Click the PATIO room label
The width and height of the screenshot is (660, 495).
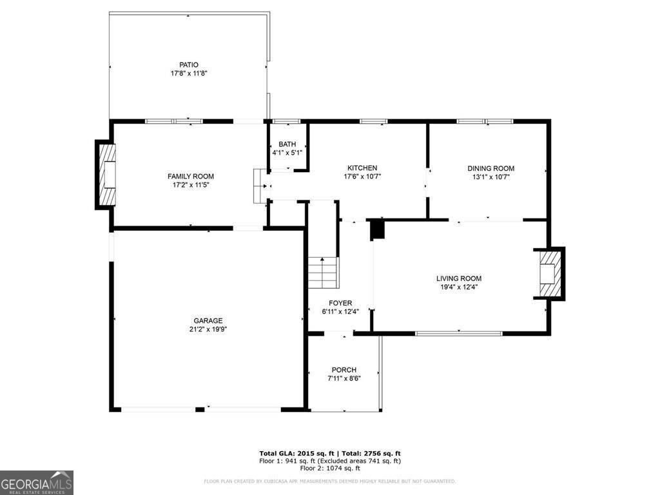tap(189, 64)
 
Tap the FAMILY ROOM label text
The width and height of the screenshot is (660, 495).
tap(191, 176)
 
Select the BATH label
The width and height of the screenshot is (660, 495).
tap(287, 144)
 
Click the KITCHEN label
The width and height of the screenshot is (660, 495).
tap(362, 168)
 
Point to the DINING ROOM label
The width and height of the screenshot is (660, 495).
tap(490, 168)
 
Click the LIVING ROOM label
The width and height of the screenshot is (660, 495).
tap(458, 278)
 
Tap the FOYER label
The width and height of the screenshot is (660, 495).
tap(340, 303)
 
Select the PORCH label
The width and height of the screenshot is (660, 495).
tap(344, 369)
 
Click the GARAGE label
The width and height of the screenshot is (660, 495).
tap(208, 320)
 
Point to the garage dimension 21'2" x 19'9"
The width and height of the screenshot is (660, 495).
tap(208, 329)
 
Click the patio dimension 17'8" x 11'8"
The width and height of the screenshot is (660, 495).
tap(189, 73)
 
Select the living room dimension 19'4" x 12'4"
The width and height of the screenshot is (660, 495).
tap(458, 287)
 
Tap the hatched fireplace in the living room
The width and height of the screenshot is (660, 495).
tap(549, 273)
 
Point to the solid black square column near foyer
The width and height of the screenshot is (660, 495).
tap(377, 229)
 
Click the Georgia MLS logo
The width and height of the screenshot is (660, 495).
tap(37, 483)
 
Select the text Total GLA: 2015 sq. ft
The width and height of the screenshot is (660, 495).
tap(296, 453)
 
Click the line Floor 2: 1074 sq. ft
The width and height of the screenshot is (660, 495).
tap(329, 469)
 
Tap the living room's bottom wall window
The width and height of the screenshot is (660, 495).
tap(458, 333)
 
